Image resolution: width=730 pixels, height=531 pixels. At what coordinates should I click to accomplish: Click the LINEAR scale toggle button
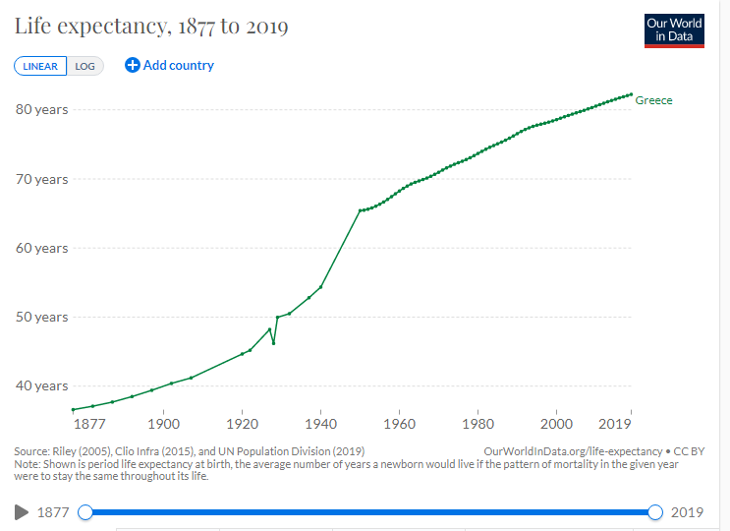[39, 66]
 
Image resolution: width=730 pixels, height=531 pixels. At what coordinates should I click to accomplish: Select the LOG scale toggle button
[84, 66]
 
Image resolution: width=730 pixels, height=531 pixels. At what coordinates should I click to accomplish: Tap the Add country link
[169, 65]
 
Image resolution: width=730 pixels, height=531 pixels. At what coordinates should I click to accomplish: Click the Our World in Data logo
[674, 29]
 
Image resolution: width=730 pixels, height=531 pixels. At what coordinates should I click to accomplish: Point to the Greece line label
[653, 100]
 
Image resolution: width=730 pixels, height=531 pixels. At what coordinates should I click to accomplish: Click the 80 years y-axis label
[41, 109]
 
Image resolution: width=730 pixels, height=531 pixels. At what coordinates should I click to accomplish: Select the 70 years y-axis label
[41, 179]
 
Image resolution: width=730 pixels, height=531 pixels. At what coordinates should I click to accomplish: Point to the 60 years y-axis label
[41, 248]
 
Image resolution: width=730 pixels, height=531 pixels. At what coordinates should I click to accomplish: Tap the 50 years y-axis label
[41, 317]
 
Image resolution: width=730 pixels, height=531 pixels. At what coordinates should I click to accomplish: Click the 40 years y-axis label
[41, 385]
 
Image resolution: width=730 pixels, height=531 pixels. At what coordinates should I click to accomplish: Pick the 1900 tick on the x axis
[163, 424]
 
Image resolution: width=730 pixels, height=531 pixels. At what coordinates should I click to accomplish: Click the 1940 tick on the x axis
[320, 424]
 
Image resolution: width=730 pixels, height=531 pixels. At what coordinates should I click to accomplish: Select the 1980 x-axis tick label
[477, 424]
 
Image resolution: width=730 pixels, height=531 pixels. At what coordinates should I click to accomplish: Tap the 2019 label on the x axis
[616, 424]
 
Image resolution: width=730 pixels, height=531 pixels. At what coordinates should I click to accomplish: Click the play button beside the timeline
[21, 511]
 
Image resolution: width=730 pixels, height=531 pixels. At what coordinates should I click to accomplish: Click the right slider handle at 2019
[655, 511]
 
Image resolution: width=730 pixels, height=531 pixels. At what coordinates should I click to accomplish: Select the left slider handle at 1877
[85, 511]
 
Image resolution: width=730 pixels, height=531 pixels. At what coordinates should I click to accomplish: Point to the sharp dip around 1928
[273, 342]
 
